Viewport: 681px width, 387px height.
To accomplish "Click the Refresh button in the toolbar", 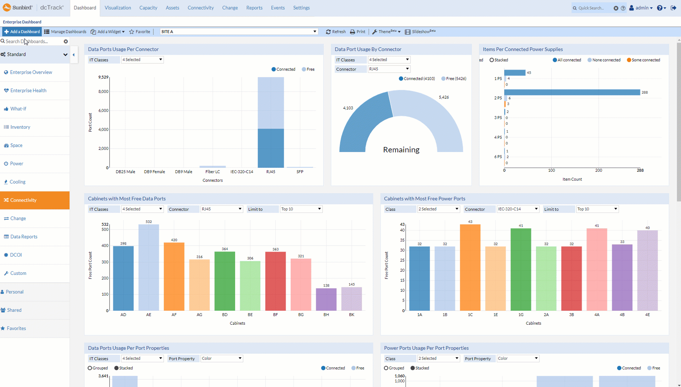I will [336, 32].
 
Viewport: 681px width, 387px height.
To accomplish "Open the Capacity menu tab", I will [148, 8].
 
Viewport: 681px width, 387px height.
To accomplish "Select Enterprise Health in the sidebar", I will [28, 90].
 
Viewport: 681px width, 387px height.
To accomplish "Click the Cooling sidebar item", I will [18, 182].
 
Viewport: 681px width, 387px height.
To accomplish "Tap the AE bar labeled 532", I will [149, 267].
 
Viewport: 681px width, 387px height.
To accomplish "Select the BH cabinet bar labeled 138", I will [326, 299].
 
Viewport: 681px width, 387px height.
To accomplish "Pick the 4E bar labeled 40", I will [647, 270].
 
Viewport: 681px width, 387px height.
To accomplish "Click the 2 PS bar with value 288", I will [572, 92].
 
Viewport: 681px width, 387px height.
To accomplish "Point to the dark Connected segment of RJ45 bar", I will [271, 148].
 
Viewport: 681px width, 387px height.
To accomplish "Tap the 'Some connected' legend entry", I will [643, 60].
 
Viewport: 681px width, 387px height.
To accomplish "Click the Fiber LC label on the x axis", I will [213, 172].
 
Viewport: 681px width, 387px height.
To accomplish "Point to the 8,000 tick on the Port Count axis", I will [103, 91].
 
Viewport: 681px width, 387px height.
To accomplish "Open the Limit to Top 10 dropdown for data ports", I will [301, 209].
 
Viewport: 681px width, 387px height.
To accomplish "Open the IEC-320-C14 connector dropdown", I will [518, 209].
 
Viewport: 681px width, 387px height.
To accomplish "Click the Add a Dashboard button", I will [22, 32].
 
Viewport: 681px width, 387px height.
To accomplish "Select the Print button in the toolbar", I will [358, 32].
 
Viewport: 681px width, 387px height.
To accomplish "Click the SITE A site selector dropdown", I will [239, 32].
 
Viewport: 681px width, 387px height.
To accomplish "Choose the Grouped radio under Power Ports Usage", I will [386, 368].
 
